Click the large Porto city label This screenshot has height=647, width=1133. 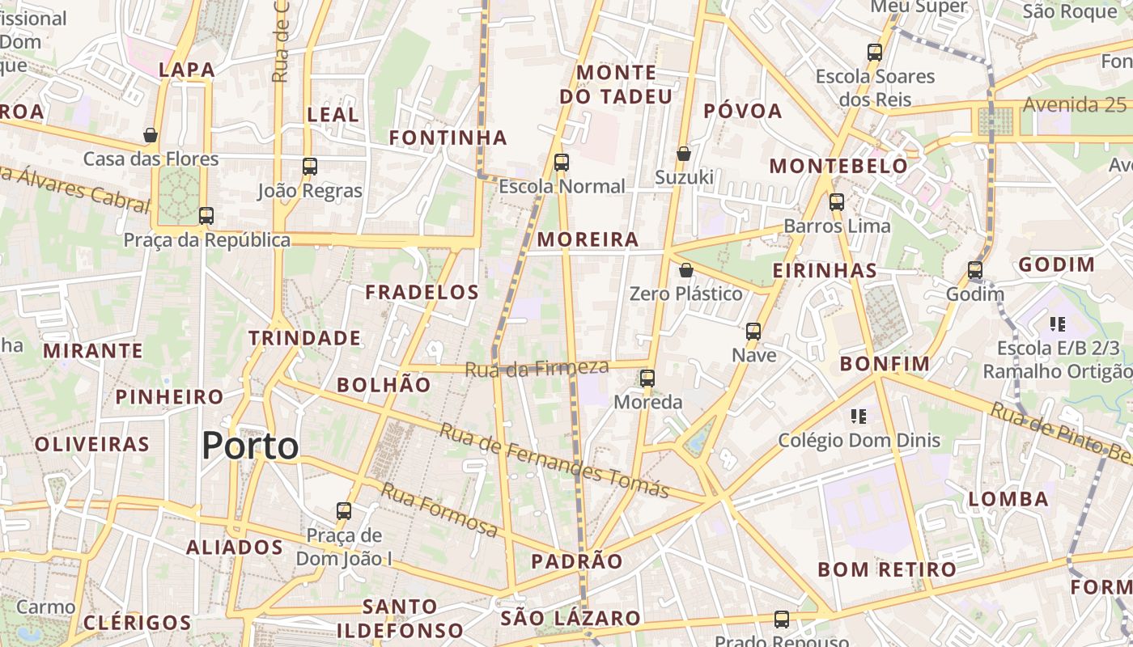tap(250, 446)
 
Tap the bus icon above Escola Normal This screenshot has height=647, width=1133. tap(562, 163)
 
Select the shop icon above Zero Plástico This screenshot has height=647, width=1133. tap(686, 270)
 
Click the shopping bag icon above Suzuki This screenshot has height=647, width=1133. tap(684, 154)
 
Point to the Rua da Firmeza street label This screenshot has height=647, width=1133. tap(537, 368)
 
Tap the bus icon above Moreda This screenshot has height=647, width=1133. tap(647, 378)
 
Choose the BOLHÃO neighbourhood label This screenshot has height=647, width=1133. tap(384, 385)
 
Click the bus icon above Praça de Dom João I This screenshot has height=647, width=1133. tap(344, 511)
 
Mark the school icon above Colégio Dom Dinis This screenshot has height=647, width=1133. tap(859, 417)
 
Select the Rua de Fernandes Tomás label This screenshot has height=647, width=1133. tap(554, 460)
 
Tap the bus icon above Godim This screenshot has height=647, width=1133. tap(975, 270)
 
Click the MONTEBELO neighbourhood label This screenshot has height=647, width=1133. tap(838, 167)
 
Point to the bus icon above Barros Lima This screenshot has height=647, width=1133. tap(837, 202)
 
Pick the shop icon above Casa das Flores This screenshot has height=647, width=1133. tap(151, 135)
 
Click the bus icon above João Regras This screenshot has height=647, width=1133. tap(310, 167)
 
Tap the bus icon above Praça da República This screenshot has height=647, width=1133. tap(206, 216)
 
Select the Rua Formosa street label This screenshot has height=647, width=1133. tap(439, 510)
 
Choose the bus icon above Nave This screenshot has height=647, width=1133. tap(753, 332)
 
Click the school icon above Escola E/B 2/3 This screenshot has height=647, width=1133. tap(1057, 324)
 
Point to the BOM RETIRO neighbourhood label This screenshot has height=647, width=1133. tap(887, 569)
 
